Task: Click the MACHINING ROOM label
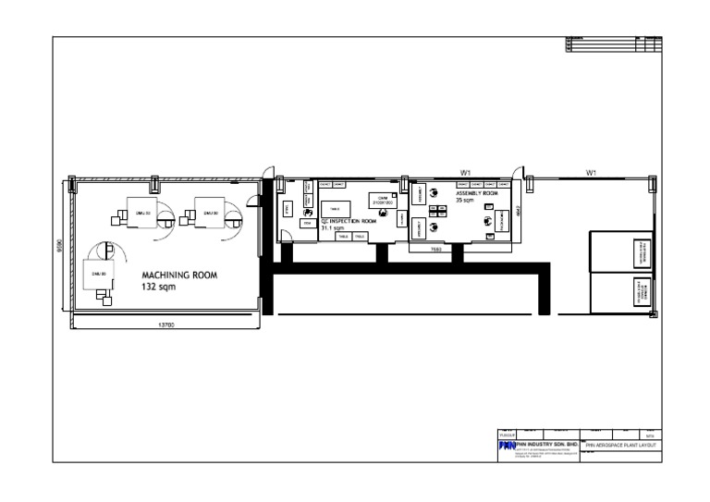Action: (x=179, y=275)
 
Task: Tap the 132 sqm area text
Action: (x=158, y=288)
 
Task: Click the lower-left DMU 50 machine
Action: (x=97, y=275)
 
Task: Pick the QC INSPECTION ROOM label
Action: (x=348, y=222)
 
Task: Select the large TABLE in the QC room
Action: (x=336, y=209)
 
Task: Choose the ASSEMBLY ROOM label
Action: (x=476, y=194)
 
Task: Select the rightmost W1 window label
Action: (x=591, y=172)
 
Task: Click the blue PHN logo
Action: (x=506, y=446)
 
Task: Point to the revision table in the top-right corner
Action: (x=614, y=43)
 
